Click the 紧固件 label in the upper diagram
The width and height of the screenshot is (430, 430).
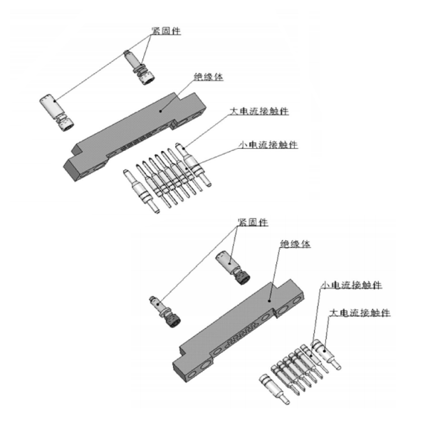166,31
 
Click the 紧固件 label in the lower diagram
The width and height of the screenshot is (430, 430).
253,222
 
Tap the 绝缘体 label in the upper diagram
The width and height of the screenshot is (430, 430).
209,77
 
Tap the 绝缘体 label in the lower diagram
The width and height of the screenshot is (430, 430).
295,243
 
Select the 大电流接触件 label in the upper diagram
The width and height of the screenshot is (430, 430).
259,111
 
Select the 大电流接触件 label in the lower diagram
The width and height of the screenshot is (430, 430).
360,313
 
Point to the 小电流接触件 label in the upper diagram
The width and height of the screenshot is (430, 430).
268,145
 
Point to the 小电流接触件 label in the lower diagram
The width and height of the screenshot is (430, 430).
352,285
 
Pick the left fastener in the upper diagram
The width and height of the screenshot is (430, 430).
57,112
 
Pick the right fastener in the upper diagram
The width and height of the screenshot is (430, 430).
140,67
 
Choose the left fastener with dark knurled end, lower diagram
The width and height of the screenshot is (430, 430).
165,312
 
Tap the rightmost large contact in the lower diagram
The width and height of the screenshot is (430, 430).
326,355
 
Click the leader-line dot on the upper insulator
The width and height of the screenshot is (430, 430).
161,111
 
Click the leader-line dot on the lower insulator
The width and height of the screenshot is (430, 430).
269,301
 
